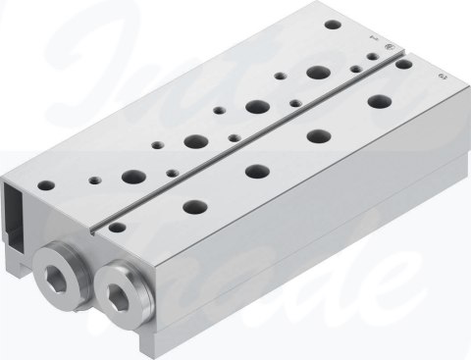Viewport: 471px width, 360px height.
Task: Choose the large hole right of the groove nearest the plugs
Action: (x=192, y=207)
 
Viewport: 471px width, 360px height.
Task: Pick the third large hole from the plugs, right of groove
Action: (x=317, y=134)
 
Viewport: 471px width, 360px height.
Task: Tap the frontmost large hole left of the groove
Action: (x=130, y=179)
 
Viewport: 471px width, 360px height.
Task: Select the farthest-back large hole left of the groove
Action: (x=316, y=72)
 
